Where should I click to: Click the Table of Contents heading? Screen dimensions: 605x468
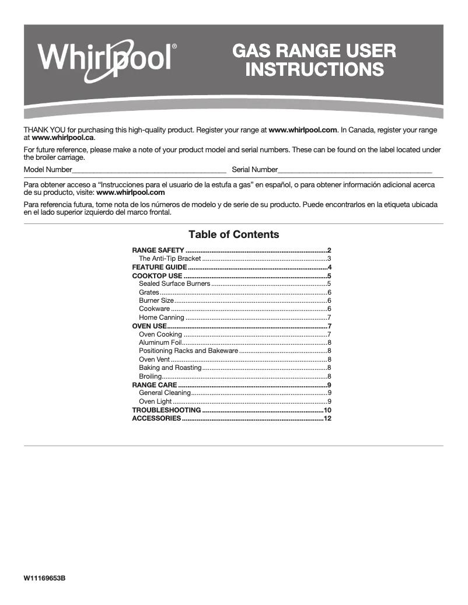(x=233, y=235)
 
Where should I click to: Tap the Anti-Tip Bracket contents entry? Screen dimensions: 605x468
(x=170, y=258)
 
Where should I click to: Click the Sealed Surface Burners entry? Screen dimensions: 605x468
(x=174, y=284)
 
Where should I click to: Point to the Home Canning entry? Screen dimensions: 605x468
(x=162, y=317)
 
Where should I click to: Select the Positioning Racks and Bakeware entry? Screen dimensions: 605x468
(x=188, y=351)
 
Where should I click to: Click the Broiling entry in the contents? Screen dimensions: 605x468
(x=150, y=376)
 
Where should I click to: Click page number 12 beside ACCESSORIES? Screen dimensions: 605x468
(x=327, y=418)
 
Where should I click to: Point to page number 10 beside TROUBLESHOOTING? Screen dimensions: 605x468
(x=327, y=410)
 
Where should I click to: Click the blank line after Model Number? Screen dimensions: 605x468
(x=149, y=170)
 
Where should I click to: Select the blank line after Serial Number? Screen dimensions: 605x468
(x=355, y=170)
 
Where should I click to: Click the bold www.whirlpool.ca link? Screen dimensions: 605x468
(x=62, y=138)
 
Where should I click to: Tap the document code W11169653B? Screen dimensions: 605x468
(x=44, y=578)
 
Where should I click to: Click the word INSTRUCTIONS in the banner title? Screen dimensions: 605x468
(x=315, y=69)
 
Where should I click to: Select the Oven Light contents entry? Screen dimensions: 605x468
(x=155, y=401)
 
